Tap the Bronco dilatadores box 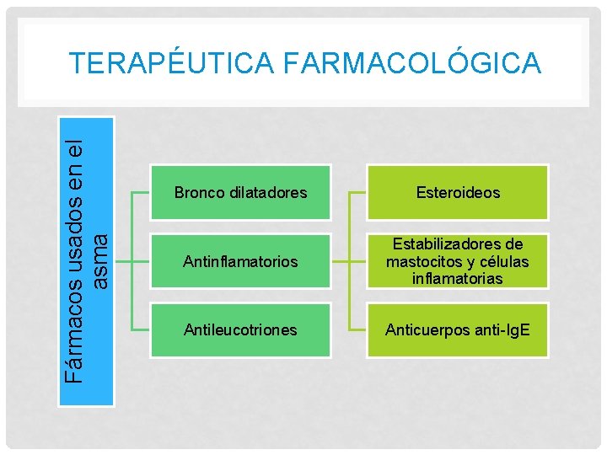click(x=240, y=193)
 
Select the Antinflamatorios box click(x=240, y=262)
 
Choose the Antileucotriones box click(x=240, y=330)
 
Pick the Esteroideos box click(x=457, y=193)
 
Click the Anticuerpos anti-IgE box click(x=457, y=330)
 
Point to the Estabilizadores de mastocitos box click(x=457, y=262)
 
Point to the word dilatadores click(x=266, y=193)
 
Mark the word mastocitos click(x=422, y=262)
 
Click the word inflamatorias click(x=457, y=279)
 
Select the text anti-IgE click(x=501, y=330)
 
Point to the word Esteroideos click(x=457, y=193)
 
